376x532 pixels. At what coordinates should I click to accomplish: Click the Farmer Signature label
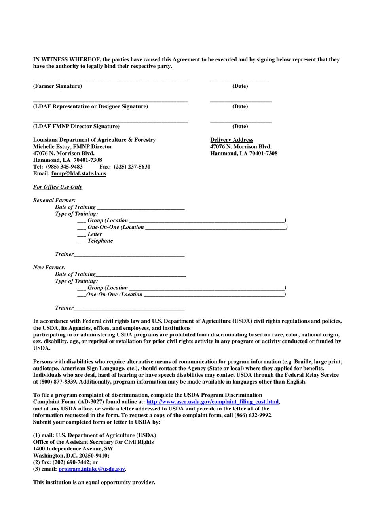coord(57,86)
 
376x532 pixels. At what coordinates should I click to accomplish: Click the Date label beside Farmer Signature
coord(240,86)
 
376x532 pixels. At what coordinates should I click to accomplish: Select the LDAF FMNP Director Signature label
coord(76,127)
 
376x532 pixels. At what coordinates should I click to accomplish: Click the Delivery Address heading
coord(232,140)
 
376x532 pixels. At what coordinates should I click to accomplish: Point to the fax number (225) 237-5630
coord(132,167)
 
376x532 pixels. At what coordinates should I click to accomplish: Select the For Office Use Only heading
coord(58,187)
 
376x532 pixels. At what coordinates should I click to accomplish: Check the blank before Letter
coord(82,234)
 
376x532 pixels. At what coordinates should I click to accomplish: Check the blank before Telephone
coord(82,241)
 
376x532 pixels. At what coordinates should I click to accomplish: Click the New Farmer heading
coord(49,268)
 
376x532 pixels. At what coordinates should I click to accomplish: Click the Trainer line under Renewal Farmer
coord(129,255)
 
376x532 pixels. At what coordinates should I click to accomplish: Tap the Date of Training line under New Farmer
coord(141,274)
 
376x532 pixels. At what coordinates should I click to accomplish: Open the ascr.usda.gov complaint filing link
coord(213,402)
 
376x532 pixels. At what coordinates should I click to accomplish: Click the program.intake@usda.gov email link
coord(92,469)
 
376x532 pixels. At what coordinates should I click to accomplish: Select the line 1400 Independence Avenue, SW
coord(73,449)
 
